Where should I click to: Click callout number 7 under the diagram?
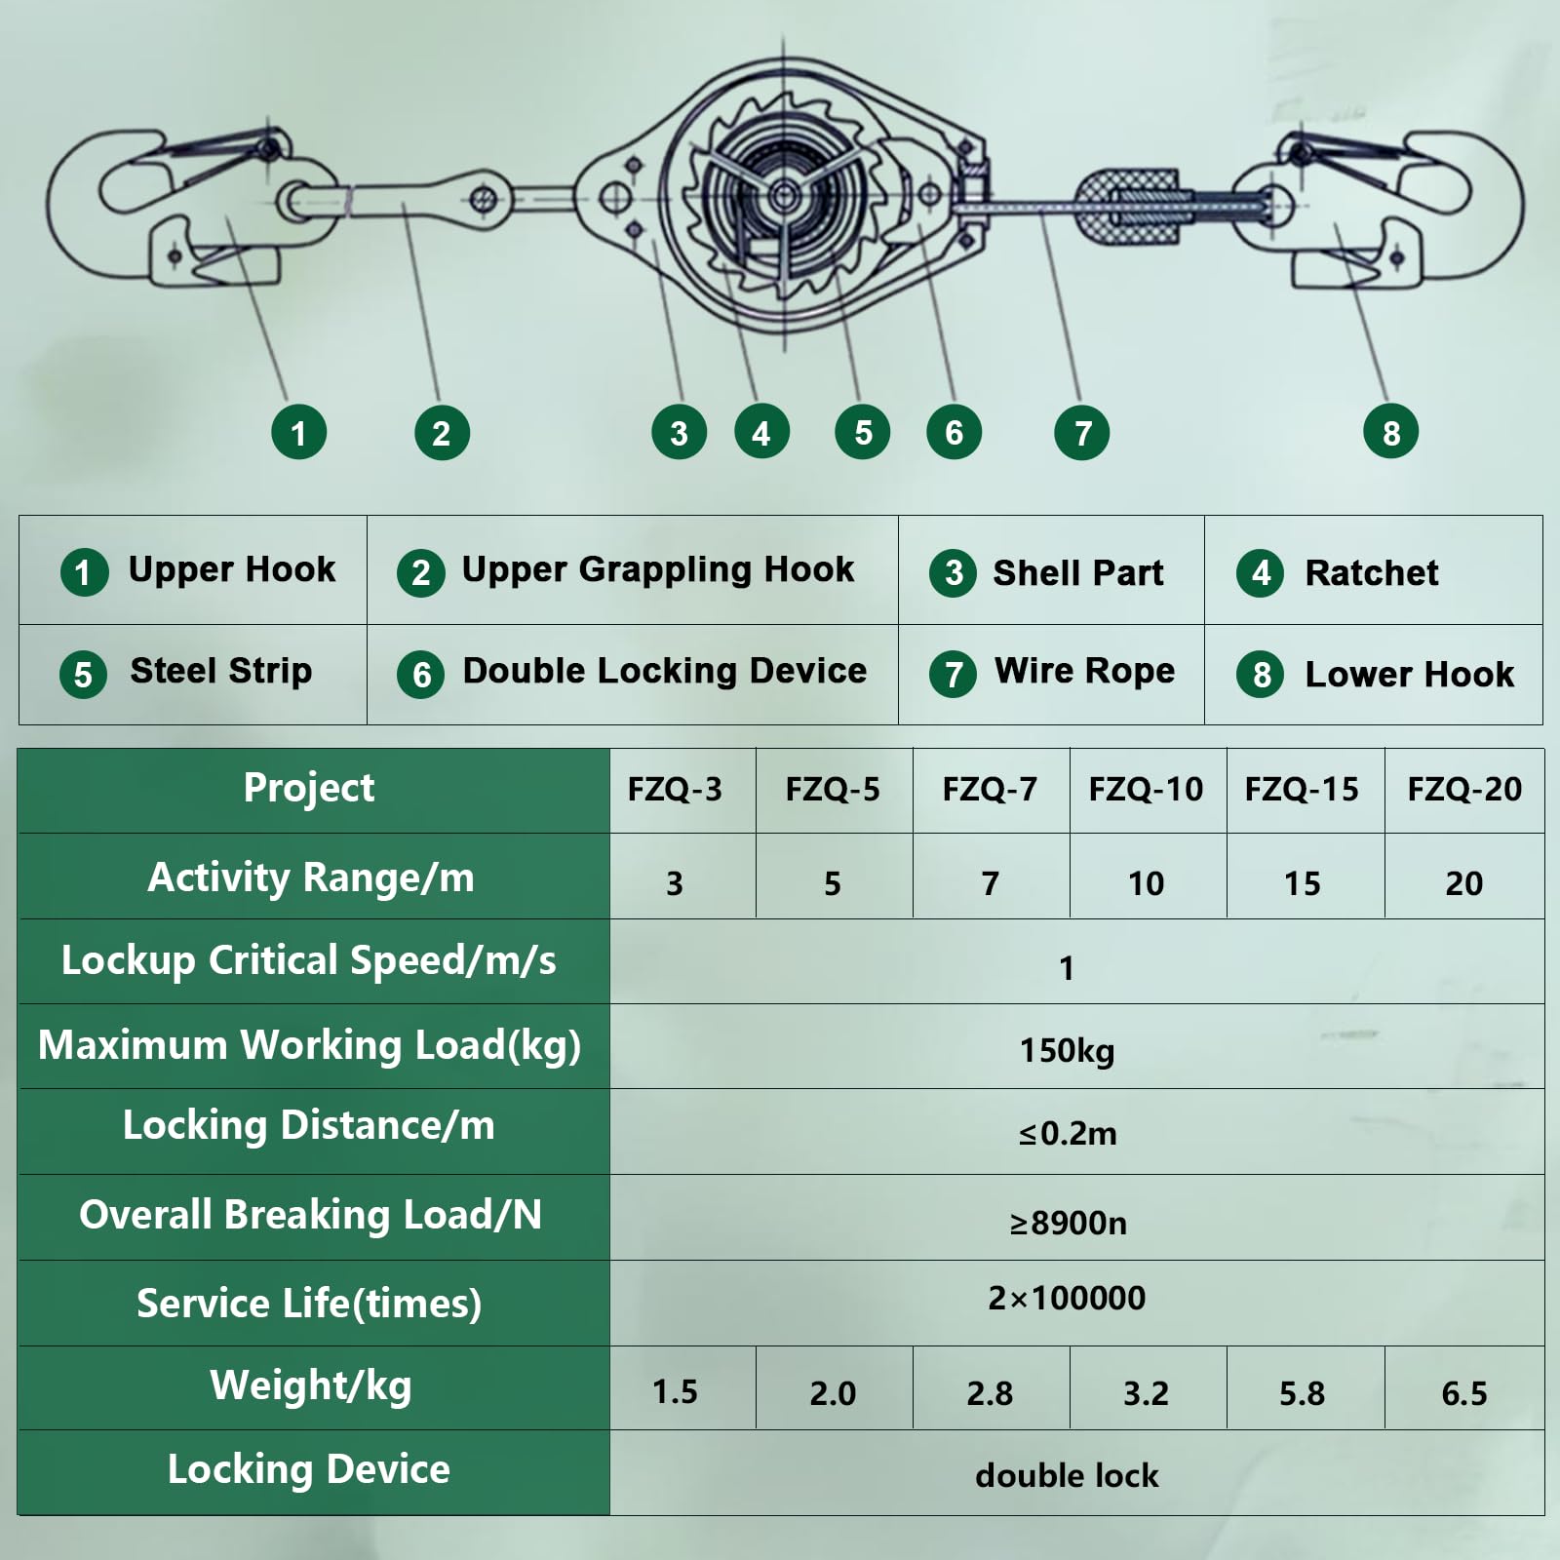[x=1081, y=433]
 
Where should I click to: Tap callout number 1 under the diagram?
[x=298, y=432]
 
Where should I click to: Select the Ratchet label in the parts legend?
[x=1371, y=572]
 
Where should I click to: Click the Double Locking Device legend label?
[x=664, y=671]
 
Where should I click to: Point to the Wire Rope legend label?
[x=1084, y=671]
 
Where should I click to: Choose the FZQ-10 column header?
[x=1146, y=789]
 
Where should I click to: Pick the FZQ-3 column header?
[x=675, y=789]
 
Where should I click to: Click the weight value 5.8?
[x=1302, y=1393]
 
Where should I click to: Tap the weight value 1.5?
[x=675, y=1391]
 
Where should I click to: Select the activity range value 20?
[x=1463, y=883]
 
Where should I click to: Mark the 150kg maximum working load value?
[x=1067, y=1050]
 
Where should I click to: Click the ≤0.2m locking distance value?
[x=1068, y=1133]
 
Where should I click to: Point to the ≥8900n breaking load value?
[x=1068, y=1223]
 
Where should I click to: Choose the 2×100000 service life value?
[x=1067, y=1298]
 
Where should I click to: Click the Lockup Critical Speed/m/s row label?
[x=309, y=961]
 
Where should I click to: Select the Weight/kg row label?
[x=311, y=1385]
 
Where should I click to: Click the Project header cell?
[x=309, y=788]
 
